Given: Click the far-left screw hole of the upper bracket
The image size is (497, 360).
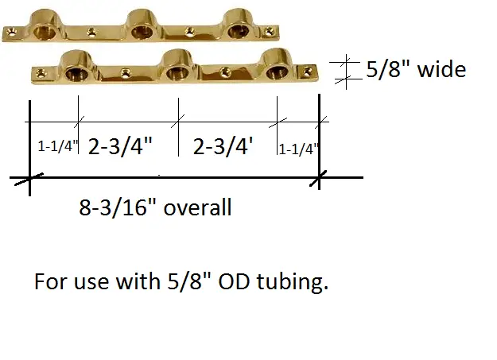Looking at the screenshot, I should coord(11,34).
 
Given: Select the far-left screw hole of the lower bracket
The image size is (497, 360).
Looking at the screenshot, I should coord(36,75).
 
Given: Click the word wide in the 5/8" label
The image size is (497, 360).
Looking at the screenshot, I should coord(437,70).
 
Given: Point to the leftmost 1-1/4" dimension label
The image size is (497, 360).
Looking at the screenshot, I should coord(57,148).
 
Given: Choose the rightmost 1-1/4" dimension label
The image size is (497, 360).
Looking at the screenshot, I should coord(299,148).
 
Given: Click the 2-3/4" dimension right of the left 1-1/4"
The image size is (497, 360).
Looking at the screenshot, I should coord(120,146).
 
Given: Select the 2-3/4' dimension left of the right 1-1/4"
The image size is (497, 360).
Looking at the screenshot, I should coord(223,146).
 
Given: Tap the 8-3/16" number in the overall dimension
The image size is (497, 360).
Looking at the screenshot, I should coord(116,208).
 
